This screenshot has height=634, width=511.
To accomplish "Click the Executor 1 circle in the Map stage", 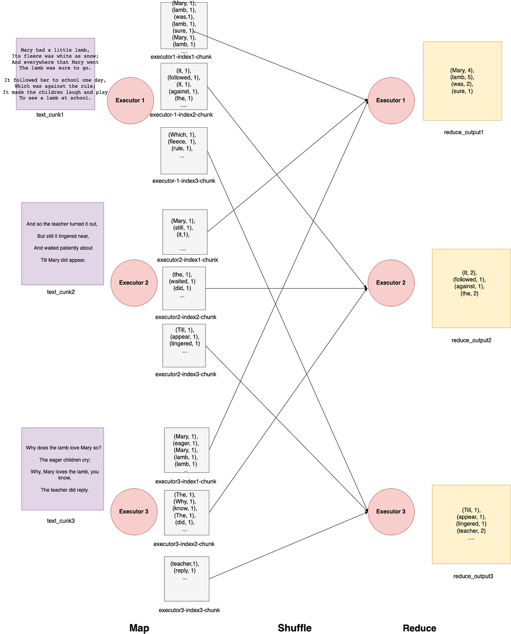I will [x=130, y=101].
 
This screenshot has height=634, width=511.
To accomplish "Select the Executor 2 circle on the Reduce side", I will [x=391, y=283].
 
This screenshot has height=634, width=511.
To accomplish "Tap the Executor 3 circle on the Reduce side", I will [x=391, y=512].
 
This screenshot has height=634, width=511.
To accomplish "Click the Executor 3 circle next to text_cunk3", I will [x=134, y=512].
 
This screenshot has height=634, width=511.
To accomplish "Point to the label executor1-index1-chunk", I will [x=181, y=57].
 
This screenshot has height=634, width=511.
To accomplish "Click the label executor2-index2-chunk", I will [x=186, y=317].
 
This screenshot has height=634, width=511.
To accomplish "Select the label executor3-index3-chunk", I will [x=189, y=610].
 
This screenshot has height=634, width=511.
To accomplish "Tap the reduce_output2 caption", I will [x=471, y=341].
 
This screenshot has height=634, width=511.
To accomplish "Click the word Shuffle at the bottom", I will [x=294, y=628].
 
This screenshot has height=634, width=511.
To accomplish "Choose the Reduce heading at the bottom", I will [x=419, y=628].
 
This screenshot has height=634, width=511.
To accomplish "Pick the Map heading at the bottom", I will [x=139, y=628].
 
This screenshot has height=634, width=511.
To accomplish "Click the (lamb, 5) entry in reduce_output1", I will [x=462, y=77].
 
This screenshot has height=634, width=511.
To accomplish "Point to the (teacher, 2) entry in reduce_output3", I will [x=471, y=531].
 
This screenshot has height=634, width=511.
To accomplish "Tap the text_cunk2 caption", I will [x=61, y=292].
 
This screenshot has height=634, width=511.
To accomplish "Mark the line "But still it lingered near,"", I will [x=63, y=236].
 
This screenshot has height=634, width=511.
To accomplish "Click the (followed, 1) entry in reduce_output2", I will [x=469, y=280].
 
